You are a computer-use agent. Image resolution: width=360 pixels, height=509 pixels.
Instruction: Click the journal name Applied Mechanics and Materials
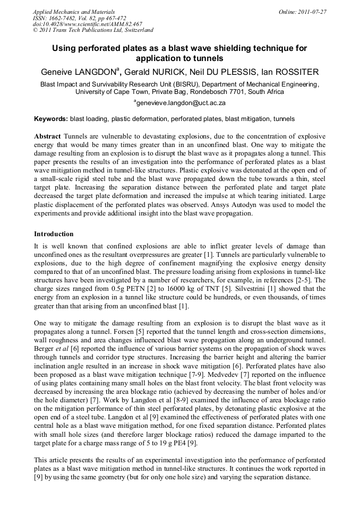74,12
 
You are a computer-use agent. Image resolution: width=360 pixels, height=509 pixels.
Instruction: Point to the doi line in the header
88,24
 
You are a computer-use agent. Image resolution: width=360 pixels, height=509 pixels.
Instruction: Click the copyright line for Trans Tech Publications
93,30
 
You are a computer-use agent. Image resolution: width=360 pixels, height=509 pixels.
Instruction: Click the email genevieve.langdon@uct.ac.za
181,103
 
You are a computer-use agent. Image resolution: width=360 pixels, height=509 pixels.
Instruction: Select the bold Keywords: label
51,119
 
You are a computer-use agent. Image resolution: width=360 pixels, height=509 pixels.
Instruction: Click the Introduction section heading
54,234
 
